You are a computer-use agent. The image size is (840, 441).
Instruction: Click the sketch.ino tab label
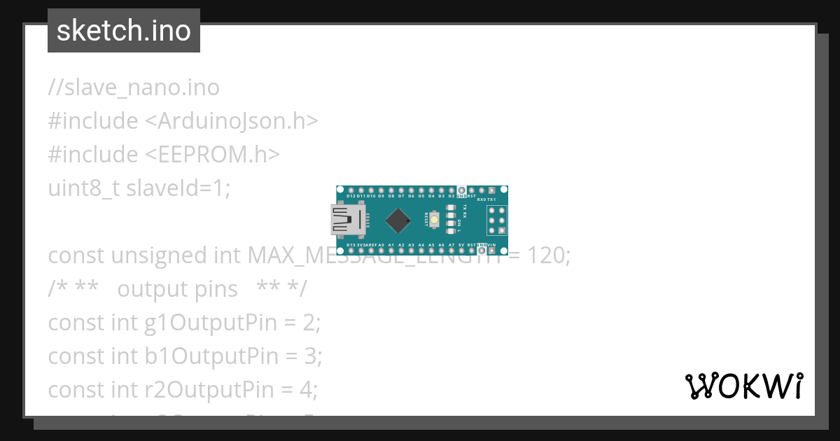pyautogui.click(x=123, y=31)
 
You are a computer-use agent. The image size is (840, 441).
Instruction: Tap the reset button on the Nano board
pyautogui.click(x=435, y=220)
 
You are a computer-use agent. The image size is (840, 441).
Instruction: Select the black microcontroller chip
pyautogui.click(x=398, y=220)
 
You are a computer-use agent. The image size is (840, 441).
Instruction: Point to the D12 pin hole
pyautogui.click(x=350, y=190)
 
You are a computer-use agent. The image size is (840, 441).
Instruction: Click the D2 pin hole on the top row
pyautogui.click(x=451, y=190)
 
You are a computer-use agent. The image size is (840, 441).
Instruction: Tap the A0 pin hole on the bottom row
pyautogui.click(x=381, y=250)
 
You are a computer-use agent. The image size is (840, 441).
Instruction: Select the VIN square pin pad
pyautogui.click(x=492, y=250)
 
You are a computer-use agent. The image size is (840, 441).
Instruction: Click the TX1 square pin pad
pyautogui.click(x=492, y=190)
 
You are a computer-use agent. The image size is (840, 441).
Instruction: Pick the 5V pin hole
pyautogui.click(x=461, y=250)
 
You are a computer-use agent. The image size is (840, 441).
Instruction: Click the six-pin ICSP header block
pyautogui.click(x=498, y=220)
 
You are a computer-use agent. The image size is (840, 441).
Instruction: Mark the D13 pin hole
pyautogui.click(x=350, y=250)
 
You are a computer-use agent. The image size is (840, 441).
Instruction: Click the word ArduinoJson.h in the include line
pyautogui.click(x=232, y=121)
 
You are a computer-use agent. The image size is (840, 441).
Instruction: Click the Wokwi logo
pyautogui.click(x=743, y=386)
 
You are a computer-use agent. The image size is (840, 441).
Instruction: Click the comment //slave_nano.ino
pyautogui.click(x=134, y=87)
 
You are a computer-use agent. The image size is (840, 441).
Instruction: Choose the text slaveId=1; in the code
pyautogui.click(x=178, y=188)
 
